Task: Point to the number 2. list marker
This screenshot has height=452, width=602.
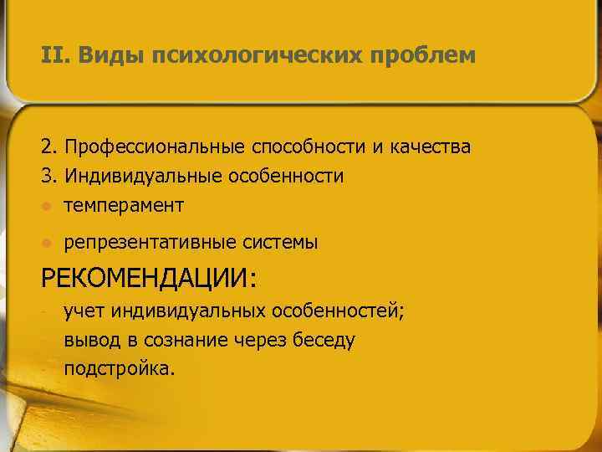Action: (x=48, y=147)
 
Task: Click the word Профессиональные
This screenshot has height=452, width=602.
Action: (x=157, y=147)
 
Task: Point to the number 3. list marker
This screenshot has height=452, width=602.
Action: (x=48, y=177)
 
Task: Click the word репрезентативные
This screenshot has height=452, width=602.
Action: (x=151, y=244)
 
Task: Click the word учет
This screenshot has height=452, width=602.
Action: (x=80, y=313)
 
